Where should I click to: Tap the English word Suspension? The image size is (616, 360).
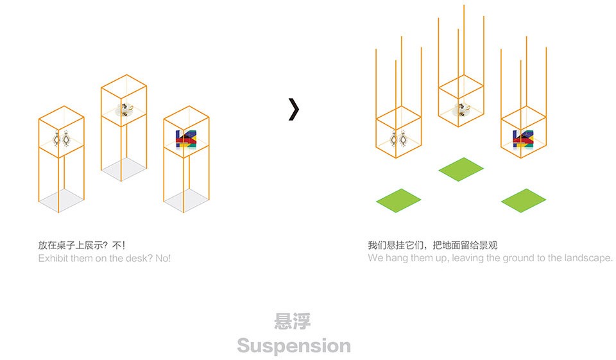(294, 347)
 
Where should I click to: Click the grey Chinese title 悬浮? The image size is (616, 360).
(293, 321)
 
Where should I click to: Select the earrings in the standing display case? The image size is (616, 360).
(62, 139)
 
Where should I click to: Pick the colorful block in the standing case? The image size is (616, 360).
(186, 139)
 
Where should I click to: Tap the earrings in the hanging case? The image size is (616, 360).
(398, 139)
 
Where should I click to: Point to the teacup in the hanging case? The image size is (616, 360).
(461, 109)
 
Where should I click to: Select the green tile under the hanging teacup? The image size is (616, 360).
(461, 169)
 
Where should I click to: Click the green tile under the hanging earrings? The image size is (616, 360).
(398, 200)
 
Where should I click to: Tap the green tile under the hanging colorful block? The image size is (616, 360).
(524, 200)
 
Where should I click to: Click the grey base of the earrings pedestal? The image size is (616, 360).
(62, 200)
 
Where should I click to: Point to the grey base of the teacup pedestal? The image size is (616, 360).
(124, 169)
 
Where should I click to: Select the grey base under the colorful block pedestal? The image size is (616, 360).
(186, 200)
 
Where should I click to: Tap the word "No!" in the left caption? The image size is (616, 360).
(163, 258)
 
